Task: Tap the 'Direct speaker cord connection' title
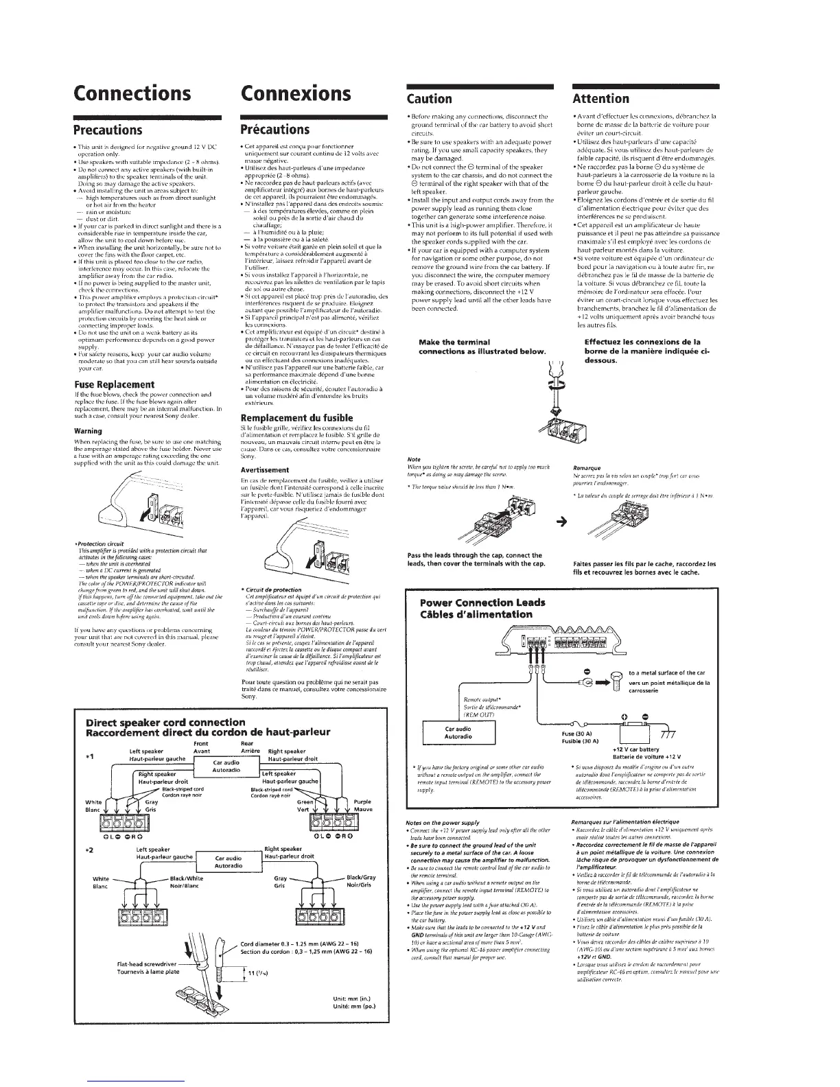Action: (164, 722)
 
